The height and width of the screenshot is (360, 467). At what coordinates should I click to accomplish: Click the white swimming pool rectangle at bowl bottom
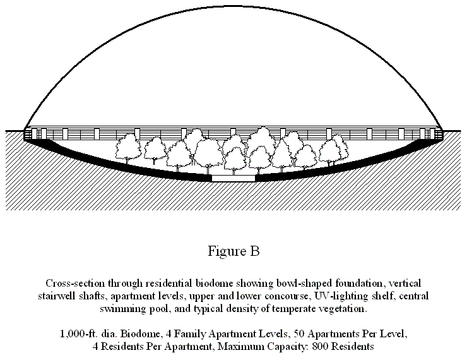coord(233,178)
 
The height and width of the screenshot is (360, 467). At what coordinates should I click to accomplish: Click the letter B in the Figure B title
coord(255,251)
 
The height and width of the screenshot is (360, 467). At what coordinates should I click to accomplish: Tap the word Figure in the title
coord(227,251)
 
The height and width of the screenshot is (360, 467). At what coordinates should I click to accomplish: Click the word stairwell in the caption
coord(57,296)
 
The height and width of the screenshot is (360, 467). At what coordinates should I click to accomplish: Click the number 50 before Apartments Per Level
coord(299,333)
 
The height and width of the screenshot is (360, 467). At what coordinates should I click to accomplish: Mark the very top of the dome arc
coord(233,6)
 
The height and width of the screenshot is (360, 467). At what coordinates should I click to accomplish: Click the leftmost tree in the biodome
coord(128,148)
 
